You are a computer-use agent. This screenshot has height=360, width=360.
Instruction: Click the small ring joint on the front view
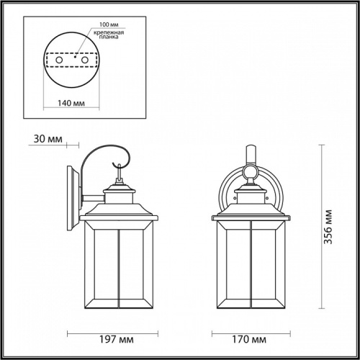point(251,172)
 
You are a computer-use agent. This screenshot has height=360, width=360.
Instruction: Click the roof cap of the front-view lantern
point(251,210)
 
